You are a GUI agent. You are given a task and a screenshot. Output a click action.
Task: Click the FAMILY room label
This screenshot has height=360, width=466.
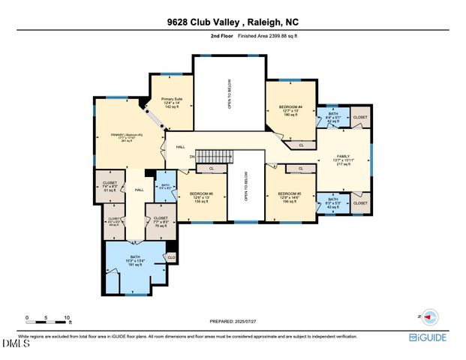[343, 160]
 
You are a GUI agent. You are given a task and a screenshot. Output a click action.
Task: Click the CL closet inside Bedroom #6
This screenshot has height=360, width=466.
[212, 169]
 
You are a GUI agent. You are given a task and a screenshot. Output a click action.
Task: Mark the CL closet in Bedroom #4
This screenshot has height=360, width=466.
[301, 145]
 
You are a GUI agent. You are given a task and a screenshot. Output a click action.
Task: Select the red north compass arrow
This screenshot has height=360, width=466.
[430, 317]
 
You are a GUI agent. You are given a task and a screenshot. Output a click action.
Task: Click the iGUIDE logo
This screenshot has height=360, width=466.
[428, 337]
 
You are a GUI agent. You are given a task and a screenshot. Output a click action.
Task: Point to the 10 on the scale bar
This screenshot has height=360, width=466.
[69, 317]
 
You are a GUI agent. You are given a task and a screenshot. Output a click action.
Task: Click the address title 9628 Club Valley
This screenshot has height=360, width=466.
[232, 22]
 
